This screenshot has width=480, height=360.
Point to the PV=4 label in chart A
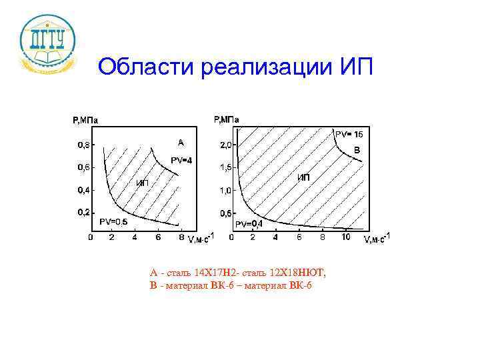181,160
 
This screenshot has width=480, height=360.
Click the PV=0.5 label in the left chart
113,221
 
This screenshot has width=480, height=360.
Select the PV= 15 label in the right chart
348,134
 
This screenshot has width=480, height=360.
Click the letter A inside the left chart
180,142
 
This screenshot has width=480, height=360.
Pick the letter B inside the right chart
357,151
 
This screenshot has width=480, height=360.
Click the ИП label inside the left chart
142,183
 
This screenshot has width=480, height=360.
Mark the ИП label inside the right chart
303,177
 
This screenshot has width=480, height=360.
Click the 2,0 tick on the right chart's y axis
225,145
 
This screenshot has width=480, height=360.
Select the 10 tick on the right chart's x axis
345,237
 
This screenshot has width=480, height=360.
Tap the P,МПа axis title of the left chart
85,121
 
